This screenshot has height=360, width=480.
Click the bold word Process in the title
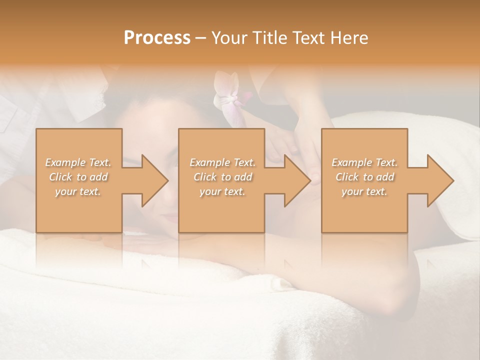point(157,38)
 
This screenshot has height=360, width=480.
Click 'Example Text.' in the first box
point(78,162)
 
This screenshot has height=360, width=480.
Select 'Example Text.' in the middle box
point(222,162)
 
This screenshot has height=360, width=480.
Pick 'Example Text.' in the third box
point(364,162)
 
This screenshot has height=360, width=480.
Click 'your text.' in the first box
point(78,191)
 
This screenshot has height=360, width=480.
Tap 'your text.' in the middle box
point(222,191)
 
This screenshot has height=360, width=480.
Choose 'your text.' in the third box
point(364,191)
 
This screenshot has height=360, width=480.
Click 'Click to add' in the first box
point(78,177)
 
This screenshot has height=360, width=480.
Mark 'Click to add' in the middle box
point(222,177)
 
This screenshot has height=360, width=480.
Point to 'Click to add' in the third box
point(364,177)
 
